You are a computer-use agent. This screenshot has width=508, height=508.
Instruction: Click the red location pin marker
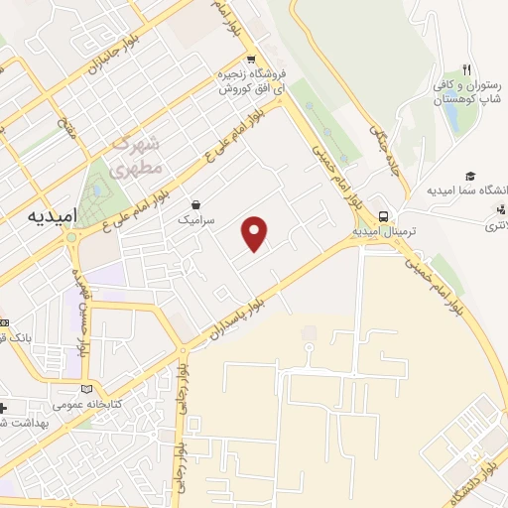(256, 233)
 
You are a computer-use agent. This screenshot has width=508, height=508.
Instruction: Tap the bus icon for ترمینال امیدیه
(383, 217)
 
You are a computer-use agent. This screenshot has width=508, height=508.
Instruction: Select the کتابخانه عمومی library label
(90, 406)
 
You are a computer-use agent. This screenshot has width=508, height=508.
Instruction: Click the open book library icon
(87, 389)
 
